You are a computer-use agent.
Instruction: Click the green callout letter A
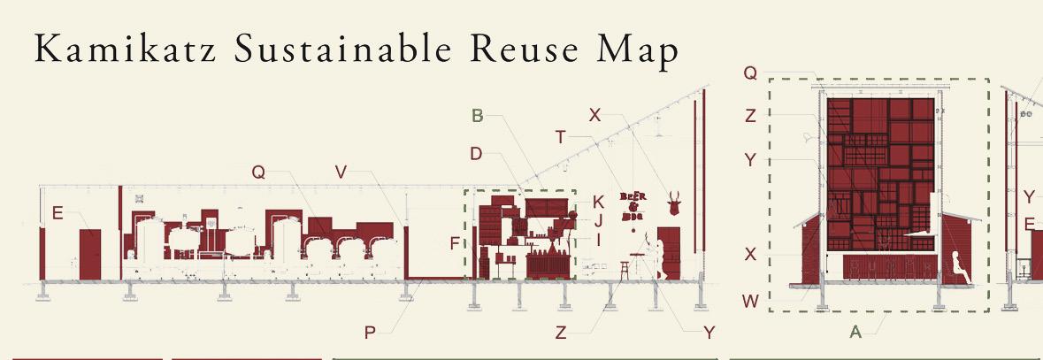coord(855,333)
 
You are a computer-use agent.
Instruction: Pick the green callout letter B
coord(477,115)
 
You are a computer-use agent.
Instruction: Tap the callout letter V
coord(341,172)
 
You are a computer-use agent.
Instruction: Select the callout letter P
coord(370,333)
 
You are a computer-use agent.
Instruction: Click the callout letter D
coord(476,154)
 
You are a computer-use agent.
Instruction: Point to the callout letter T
coord(560,136)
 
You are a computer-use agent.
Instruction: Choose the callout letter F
coord(455,243)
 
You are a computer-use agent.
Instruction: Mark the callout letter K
coord(598,202)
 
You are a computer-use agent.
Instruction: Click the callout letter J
coord(598,220)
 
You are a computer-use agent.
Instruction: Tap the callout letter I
coord(598,239)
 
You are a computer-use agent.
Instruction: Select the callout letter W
coord(750,301)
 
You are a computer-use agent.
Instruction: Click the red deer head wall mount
coord(675,203)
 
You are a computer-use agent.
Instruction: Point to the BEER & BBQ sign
coord(633,205)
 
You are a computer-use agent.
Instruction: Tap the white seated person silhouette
coord(958,266)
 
